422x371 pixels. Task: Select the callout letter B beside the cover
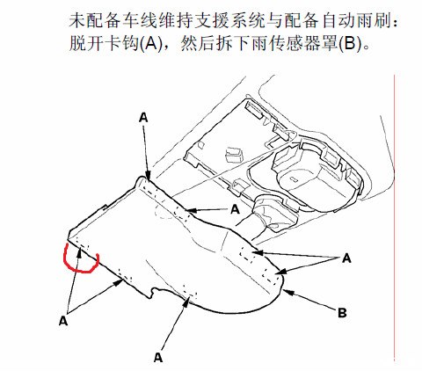click(x=342, y=313)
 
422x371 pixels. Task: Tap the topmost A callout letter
click(x=143, y=118)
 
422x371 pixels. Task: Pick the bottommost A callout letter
click(x=158, y=357)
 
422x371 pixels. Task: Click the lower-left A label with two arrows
click(x=63, y=321)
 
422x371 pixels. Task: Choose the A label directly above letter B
click(x=346, y=258)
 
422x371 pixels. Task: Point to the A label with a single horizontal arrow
click(x=235, y=209)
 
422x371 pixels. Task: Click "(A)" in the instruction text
click(x=150, y=45)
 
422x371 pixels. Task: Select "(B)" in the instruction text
click(x=350, y=45)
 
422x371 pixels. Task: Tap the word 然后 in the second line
click(x=197, y=45)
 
